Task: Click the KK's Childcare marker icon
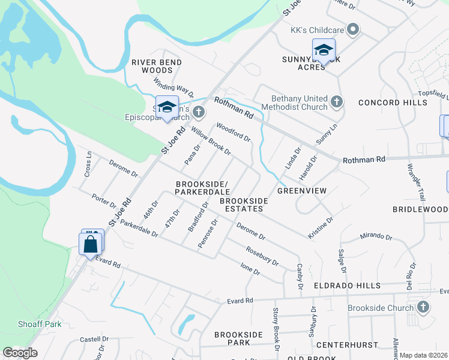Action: click(353, 28)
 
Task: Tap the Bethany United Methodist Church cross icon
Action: click(337, 102)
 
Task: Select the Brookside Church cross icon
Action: click(423, 308)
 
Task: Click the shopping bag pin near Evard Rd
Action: click(90, 244)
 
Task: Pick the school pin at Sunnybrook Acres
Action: click(324, 50)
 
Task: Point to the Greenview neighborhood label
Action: click(301, 191)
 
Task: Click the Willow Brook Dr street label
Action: click(211, 139)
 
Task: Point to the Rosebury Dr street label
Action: click(262, 256)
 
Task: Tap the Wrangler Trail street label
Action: click(415, 181)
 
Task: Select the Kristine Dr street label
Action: click(320, 229)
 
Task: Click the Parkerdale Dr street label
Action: click(138, 228)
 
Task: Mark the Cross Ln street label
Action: click(88, 163)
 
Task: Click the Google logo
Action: click(20, 353)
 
